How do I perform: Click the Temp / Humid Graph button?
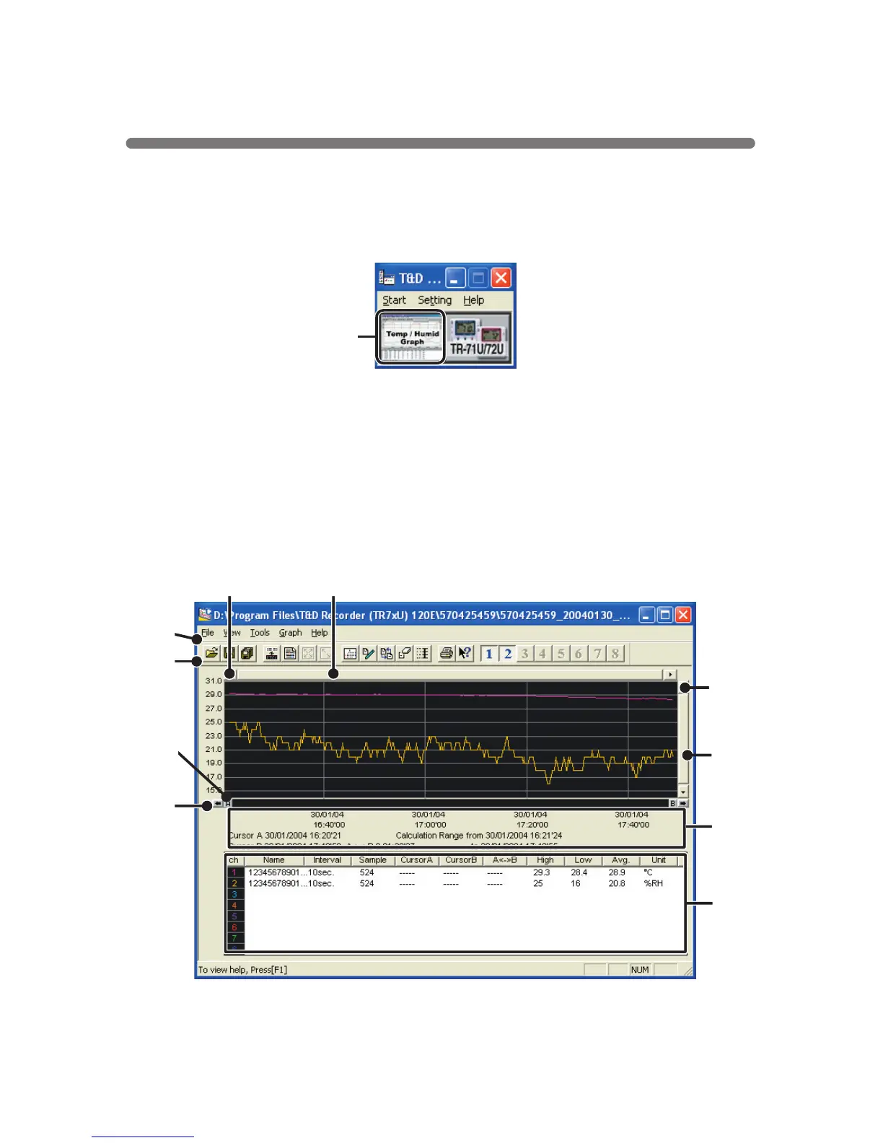[411, 338]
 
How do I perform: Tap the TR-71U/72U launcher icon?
[478, 338]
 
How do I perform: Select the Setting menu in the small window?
[434, 300]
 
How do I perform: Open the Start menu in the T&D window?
[394, 300]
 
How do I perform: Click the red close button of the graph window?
[682, 615]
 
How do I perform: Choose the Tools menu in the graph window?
[260, 633]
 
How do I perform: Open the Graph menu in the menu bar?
[290, 633]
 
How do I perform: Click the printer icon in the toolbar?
[447, 654]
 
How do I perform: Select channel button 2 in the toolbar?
[508, 654]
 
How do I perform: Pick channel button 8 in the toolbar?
[615, 654]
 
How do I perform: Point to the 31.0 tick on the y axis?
[214, 681]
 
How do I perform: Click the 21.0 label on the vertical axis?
[214, 749]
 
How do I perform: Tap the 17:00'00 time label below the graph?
[430, 825]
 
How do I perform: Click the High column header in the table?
[545, 860]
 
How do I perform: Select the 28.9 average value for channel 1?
[617, 872]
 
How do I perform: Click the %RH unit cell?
[654, 883]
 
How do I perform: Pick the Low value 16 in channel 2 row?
[576, 883]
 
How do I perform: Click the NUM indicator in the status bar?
[640, 970]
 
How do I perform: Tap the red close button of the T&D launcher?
[501, 278]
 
